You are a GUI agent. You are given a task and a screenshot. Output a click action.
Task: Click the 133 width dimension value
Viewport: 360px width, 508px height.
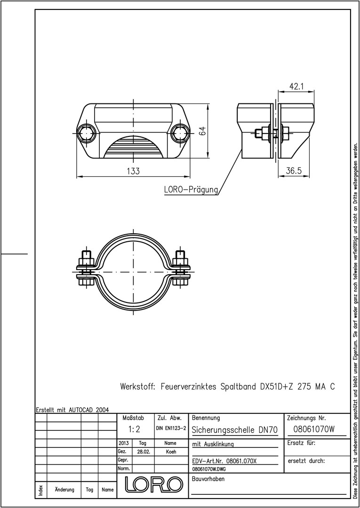[133, 171]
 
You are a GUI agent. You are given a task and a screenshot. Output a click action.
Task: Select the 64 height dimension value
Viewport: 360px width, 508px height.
[202, 131]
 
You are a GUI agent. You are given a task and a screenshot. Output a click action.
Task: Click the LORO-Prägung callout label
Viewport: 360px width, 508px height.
[191, 190]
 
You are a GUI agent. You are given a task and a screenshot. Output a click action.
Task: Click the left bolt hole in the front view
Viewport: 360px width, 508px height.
[86, 133]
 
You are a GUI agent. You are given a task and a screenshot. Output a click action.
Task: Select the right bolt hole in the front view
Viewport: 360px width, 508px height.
[179, 133]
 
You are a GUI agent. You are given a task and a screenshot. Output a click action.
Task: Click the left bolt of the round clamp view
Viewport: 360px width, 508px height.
[87, 269]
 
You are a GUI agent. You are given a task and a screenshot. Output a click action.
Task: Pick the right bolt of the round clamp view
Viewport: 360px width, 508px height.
[181, 269]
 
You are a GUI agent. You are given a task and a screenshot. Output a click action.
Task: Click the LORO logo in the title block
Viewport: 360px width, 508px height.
[153, 484]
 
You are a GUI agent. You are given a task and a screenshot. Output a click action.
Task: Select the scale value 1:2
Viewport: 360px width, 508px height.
[134, 429]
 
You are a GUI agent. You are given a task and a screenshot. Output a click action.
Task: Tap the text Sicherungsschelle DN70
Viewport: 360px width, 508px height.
[235, 430]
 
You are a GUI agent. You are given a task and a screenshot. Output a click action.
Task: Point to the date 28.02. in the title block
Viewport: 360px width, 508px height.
[143, 452]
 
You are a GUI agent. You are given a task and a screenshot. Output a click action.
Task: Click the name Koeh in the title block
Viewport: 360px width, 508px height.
[171, 452]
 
